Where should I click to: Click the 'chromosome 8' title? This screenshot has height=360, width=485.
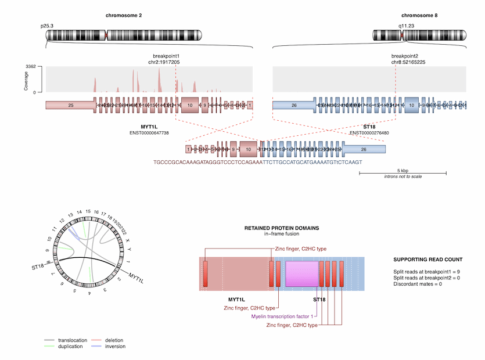[x=419, y=15]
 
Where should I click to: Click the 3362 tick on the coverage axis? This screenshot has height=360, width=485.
[x=31, y=67]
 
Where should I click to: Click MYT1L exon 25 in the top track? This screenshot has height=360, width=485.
[x=70, y=106]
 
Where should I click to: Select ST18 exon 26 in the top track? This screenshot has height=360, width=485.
[x=294, y=106]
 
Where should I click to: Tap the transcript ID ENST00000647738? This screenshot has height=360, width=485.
[x=149, y=133]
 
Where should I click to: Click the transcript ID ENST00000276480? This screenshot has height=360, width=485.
[x=369, y=133]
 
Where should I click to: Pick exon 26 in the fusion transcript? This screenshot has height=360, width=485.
[x=364, y=149]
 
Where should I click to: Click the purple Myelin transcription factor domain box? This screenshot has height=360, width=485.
[x=301, y=273]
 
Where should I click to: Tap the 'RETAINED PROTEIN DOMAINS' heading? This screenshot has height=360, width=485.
[x=281, y=228]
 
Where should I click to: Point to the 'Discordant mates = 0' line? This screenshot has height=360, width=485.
[x=418, y=284]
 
